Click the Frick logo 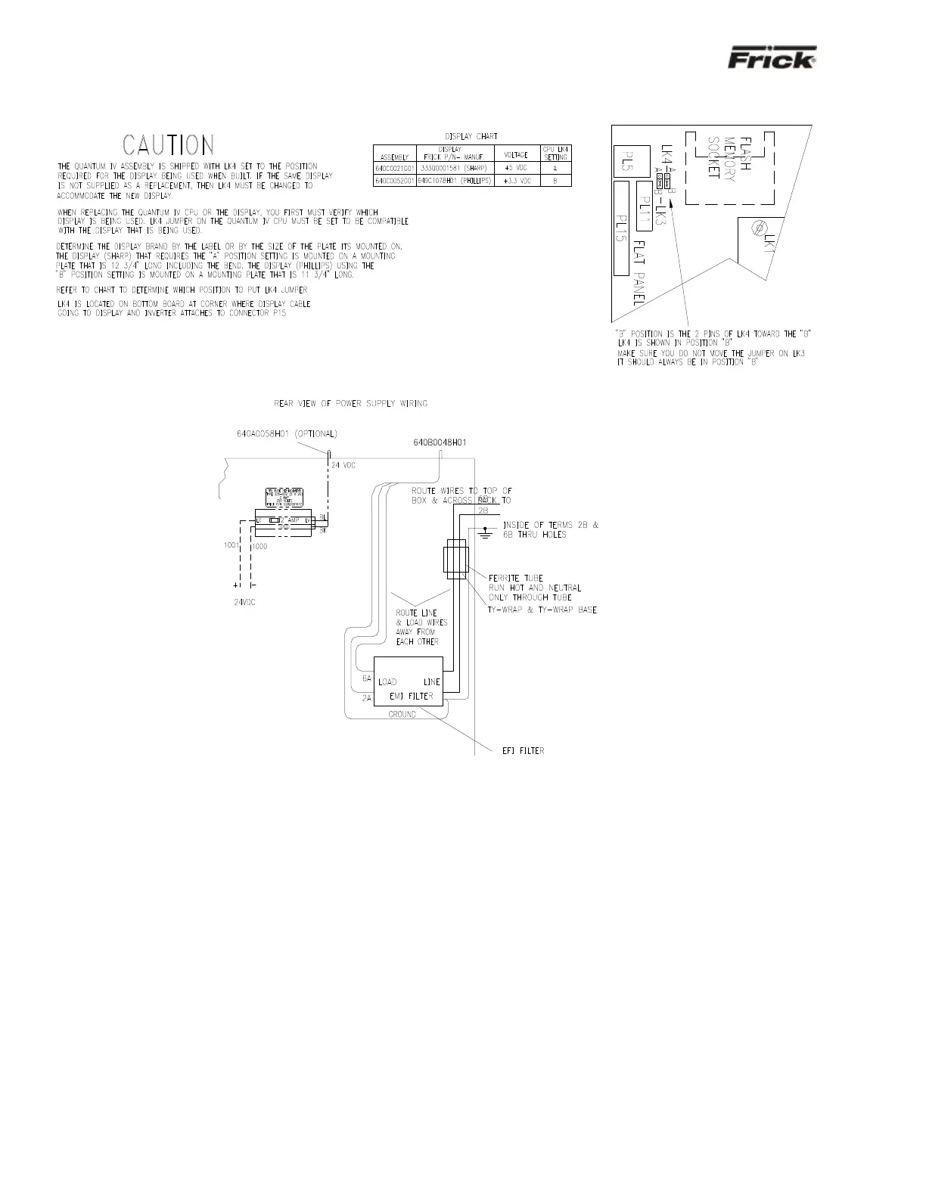pyautogui.click(x=772, y=59)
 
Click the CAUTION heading pyautogui.click(x=169, y=145)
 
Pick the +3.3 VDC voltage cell pyautogui.click(x=517, y=182)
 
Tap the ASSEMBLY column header pyautogui.click(x=394, y=156)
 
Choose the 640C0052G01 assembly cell pyautogui.click(x=394, y=182)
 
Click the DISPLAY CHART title pyautogui.click(x=471, y=136)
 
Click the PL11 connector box pyautogui.click(x=644, y=206)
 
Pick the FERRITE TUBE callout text pyautogui.click(x=516, y=579)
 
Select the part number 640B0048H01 pyautogui.click(x=440, y=442)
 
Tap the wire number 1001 pyautogui.click(x=231, y=545)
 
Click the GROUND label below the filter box pyautogui.click(x=402, y=714)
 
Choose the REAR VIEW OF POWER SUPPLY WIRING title pyautogui.click(x=350, y=403)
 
